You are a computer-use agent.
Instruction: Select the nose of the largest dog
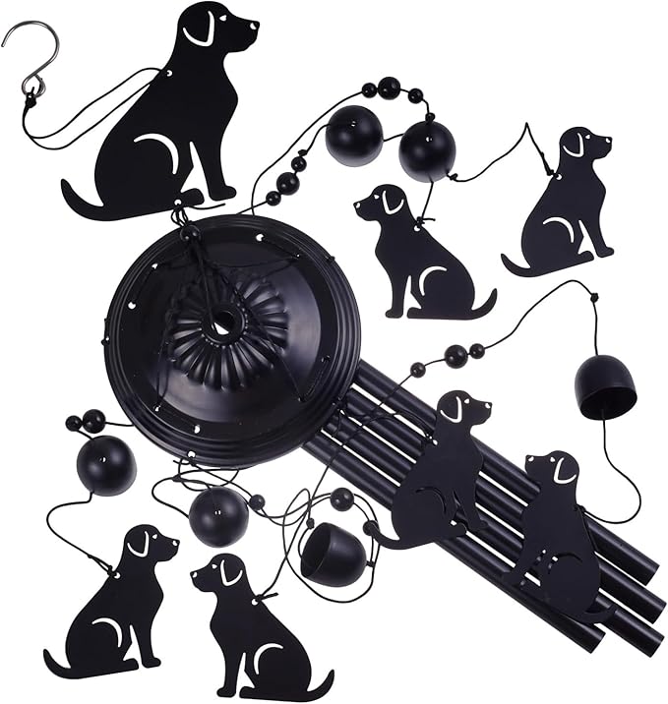[254, 23]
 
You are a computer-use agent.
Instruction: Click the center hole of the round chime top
[223, 321]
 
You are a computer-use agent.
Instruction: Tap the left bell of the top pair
[353, 139]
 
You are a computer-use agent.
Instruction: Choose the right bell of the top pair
[427, 150]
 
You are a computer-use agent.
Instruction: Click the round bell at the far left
[106, 465]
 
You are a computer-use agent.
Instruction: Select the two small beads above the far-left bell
[85, 422]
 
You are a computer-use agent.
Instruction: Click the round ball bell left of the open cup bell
[218, 516]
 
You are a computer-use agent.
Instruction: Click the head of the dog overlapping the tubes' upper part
[462, 408]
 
